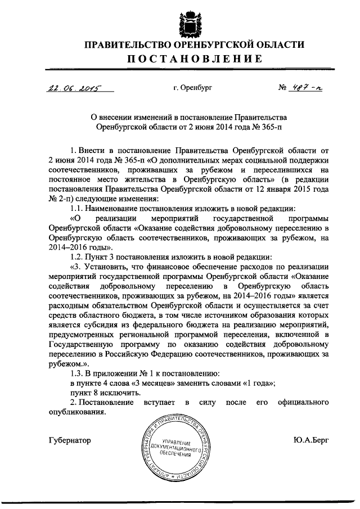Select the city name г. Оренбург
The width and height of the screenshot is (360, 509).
[x=193, y=88]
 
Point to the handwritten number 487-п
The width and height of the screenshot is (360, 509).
[x=303, y=87]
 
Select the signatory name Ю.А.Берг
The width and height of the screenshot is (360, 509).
[x=311, y=439]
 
